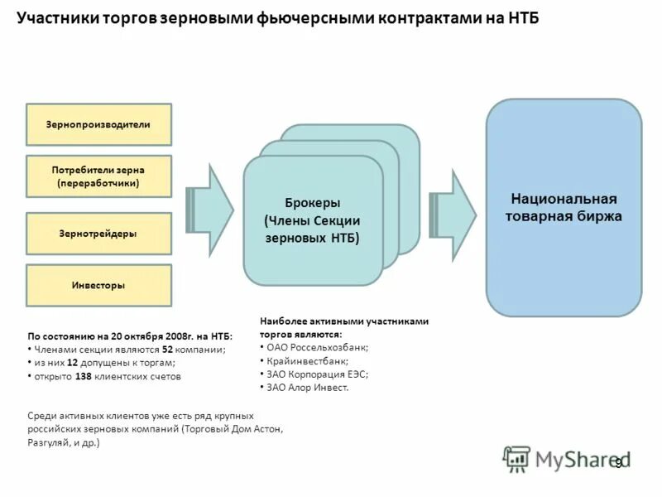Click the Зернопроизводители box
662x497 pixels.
(x=98, y=124)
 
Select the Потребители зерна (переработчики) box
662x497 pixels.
(x=98, y=176)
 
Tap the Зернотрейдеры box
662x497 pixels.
(x=98, y=234)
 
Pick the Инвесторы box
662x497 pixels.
(x=98, y=286)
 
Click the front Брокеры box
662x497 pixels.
(x=313, y=220)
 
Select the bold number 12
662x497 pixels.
(x=73, y=363)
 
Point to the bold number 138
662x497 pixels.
(x=84, y=376)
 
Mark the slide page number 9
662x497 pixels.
(x=617, y=463)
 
